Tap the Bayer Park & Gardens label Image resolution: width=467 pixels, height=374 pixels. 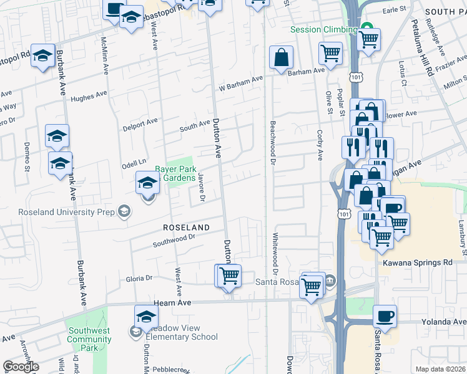click(x=176, y=173)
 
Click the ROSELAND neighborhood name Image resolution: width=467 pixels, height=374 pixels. click(x=185, y=228)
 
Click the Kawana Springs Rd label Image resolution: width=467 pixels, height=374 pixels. click(x=422, y=262)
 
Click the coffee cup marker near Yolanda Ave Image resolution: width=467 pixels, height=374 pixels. click(x=385, y=317)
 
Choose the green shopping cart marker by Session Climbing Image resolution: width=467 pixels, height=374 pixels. click(x=368, y=39)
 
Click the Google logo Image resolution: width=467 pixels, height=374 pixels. click(x=21, y=367)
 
